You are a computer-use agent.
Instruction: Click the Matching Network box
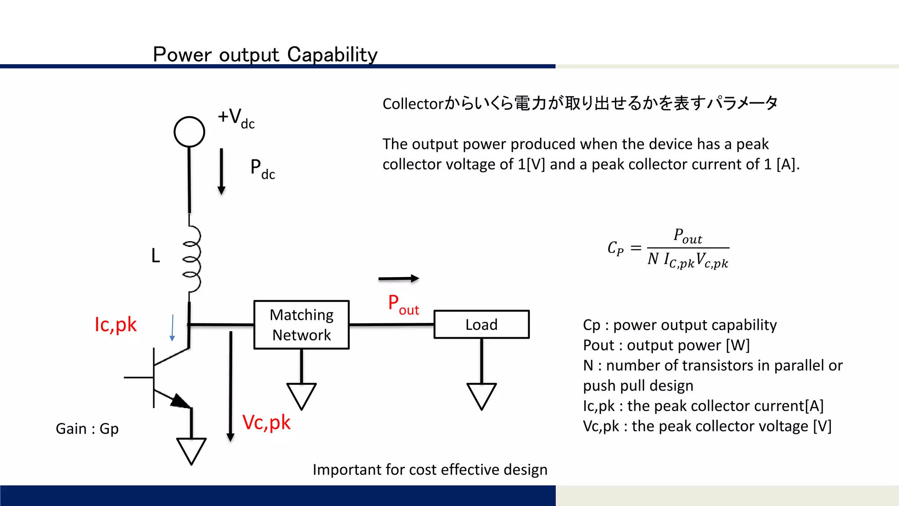pos(302,325)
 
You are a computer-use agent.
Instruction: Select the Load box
pos(482,325)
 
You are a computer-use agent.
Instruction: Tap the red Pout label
pos(403,304)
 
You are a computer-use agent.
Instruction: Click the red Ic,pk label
pos(115,325)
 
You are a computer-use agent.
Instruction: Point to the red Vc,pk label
pos(266,423)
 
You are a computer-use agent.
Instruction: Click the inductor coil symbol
pos(192,259)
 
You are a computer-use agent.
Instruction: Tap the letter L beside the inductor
pos(155,256)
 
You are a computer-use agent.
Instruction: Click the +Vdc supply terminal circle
pos(189,131)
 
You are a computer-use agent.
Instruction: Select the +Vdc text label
pos(236,118)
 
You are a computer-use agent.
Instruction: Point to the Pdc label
pos(262,169)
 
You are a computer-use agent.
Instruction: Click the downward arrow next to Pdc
pos(221,171)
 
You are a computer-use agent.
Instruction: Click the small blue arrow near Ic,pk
pos(173,328)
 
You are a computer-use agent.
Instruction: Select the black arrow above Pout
pos(399,278)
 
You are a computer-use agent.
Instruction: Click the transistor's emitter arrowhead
pos(180,401)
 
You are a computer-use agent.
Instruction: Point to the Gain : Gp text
pos(87,429)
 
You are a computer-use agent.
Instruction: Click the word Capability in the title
pos(332,55)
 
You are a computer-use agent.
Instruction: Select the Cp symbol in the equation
pos(615,248)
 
